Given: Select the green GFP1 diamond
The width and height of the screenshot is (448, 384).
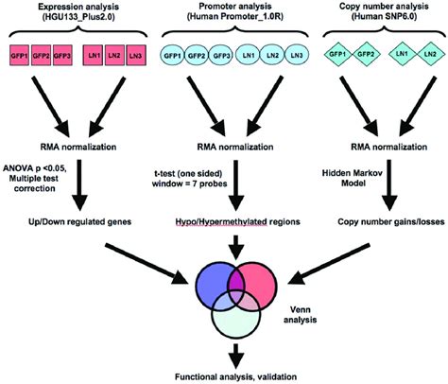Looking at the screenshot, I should point(335,55).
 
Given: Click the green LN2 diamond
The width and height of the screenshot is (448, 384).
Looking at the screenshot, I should point(424,55).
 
